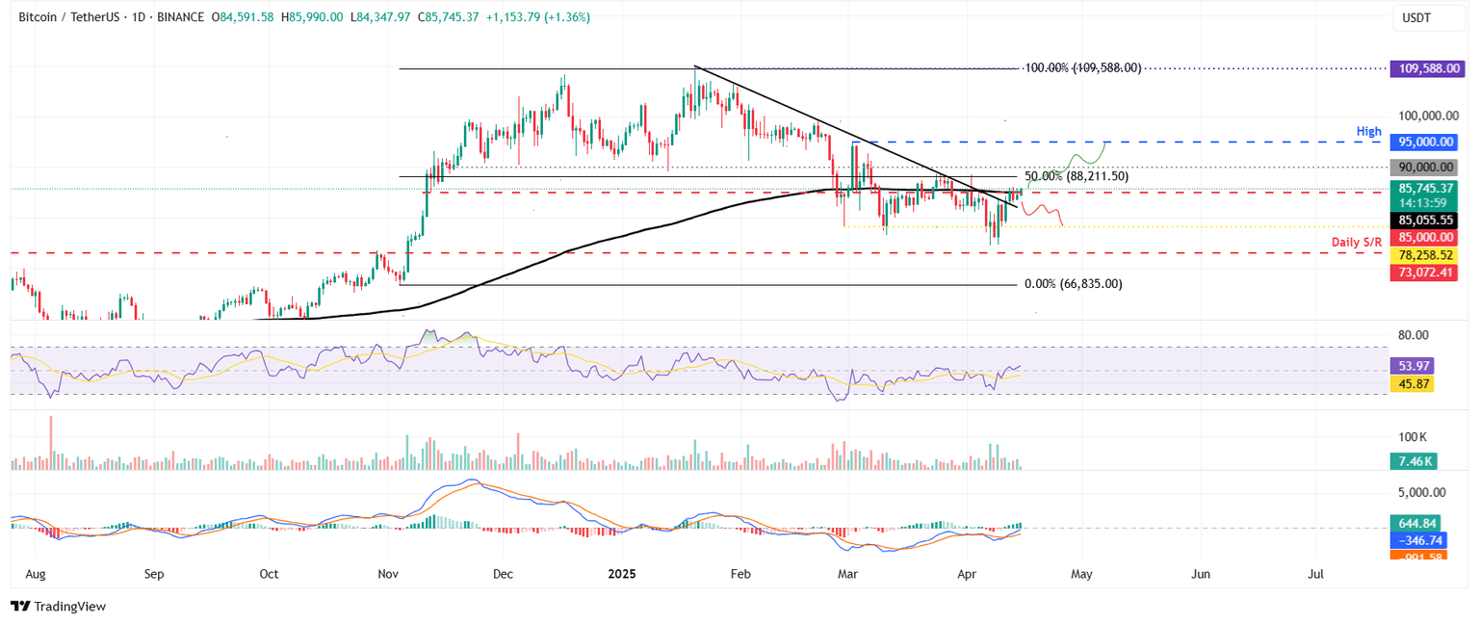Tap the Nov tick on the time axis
coord(389,574)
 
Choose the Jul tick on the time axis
coord(1315,574)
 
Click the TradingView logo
coord(58,606)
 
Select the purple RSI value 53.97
coord(1411,367)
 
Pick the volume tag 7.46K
coord(1411,461)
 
